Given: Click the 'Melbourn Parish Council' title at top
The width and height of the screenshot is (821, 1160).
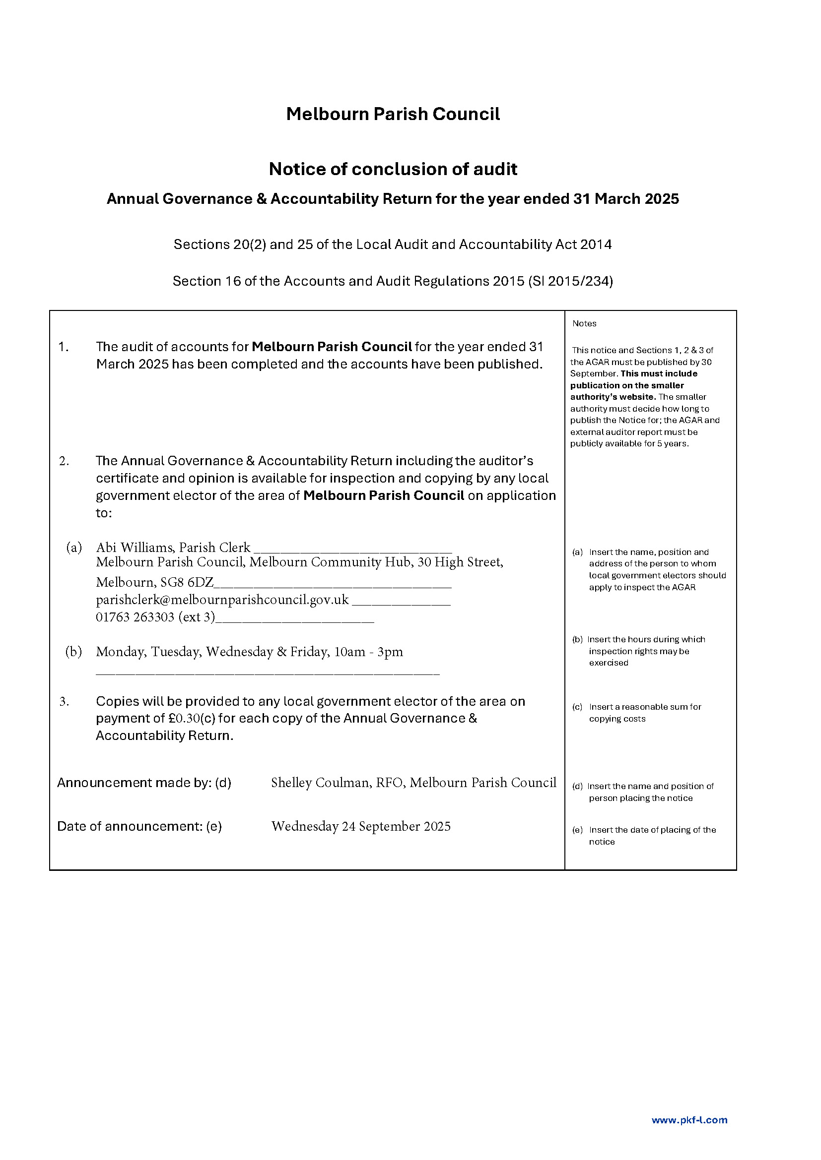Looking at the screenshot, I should tap(393, 114).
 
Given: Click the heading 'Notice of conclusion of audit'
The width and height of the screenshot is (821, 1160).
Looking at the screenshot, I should tap(393, 169).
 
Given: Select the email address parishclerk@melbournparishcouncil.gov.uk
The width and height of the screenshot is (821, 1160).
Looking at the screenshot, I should tap(222, 600).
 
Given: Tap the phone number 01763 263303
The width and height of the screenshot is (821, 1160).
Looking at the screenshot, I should tap(135, 617).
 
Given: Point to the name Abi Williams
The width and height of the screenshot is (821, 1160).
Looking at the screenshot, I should tap(135, 548).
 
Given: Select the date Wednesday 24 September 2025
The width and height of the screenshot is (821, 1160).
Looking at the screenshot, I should tap(360, 826).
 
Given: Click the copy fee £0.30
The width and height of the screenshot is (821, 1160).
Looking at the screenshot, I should tap(184, 719).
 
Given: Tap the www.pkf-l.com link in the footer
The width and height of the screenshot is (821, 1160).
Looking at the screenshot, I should tap(689, 1120).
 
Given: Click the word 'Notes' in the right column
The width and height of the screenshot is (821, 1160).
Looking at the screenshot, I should tap(584, 323).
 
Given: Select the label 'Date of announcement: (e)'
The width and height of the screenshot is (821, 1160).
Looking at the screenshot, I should tap(139, 826).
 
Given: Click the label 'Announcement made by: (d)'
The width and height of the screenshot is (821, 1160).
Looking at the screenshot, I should tap(144, 783).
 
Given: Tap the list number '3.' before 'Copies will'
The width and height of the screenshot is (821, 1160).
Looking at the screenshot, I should tap(64, 701).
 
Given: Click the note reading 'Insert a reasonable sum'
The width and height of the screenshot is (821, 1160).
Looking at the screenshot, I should tap(645, 707).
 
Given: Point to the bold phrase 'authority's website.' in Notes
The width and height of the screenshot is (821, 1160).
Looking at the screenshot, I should tap(613, 397).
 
